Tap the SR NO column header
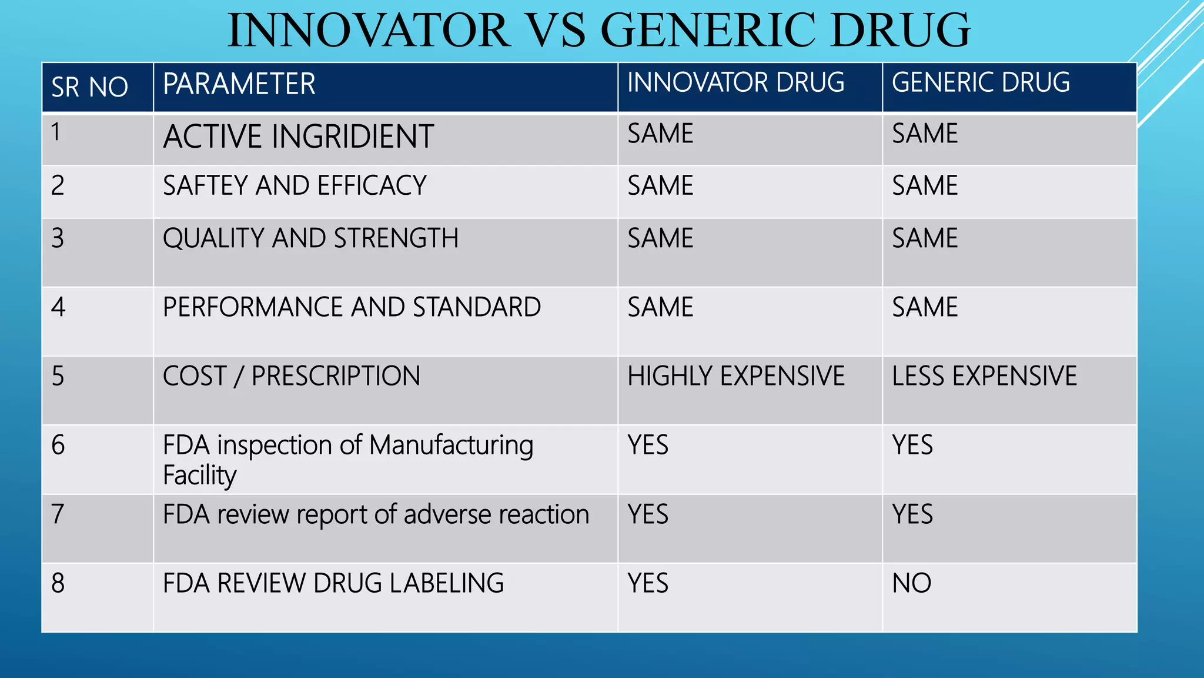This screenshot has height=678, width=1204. point(89,87)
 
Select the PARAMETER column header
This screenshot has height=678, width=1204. point(239,84)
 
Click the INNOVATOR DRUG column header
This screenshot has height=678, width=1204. point(735,82)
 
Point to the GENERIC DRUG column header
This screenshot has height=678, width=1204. point(981,82)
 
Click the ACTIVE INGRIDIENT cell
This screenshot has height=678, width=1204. point(298,137)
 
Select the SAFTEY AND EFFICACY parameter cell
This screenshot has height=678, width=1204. point(295,186)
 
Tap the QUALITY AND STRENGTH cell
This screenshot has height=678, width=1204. point(310,238)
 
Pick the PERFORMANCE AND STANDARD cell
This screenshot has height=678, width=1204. point(352,307)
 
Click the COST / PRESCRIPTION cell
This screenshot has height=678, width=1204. point(292,376)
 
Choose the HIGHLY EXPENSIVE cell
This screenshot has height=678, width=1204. point(735,376)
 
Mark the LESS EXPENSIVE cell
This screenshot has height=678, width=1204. point(984,376)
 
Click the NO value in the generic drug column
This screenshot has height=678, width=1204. point(911,583)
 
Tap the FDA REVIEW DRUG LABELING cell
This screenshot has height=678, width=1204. point(333,583)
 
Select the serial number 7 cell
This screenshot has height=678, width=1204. point(58,514)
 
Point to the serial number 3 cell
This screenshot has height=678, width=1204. point(58,238)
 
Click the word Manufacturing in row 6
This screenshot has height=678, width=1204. point(451,446)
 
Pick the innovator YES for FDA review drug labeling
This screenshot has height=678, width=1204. point(648,583)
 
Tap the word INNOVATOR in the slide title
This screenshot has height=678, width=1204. point(369,31)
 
